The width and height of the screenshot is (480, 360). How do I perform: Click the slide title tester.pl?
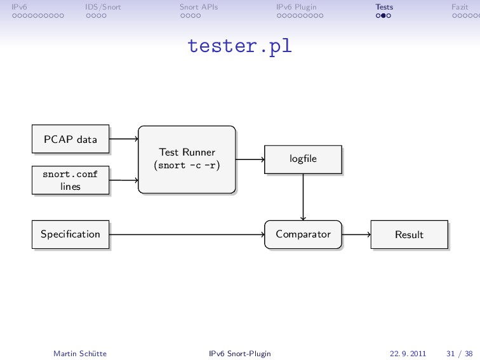pyautogui.click(x=240, y=46)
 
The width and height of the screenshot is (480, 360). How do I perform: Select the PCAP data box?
pyautogui.click(x=70, y=139)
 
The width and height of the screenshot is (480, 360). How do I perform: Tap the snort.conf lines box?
pyautogui.click(x=70, y=180)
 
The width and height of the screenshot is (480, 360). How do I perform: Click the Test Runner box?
pyautogui.click(x=187, y=159)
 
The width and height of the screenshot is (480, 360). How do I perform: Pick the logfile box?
pyautogui.click(x=303, y=159)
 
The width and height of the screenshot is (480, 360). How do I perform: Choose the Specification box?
pyautogui.click(x=70, y=234)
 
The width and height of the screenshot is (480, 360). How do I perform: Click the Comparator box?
pyautogui.click(x=303, y=234)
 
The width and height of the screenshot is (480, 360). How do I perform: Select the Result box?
pyautogui.click(x=410, y=234)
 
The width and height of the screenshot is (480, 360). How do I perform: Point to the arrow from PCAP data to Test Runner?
pyautogui.click(x=124, y=139)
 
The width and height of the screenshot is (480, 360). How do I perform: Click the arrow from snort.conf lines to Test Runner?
pyautogui.click(x=124, y=180)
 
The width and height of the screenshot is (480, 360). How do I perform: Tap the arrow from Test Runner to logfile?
pyautogui.click(x=250, y=159)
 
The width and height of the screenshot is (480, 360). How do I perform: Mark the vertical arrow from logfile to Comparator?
pyautogui.click(x=303, y=197)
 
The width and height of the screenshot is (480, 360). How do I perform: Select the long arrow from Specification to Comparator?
pyautogui.click(x=187, y=234)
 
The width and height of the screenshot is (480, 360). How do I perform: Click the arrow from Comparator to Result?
pyautogui.click(x=356, y=234)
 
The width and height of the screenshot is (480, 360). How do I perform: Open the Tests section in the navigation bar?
pyautogui.click(x=384, y=7)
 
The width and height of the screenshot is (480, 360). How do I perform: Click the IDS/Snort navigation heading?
pyautogui.click(x=103, y=7)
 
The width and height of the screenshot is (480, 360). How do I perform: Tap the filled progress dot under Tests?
pyautogui.click(x=383, y=16)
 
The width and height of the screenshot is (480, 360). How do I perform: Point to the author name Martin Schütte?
pyautogui.click(x=80, y=354)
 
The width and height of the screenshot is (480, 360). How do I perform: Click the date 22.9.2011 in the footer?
pyautogui.click(x=408, y=354)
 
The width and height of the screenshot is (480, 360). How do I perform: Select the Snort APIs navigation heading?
pyautogui.click(x=199, y=7)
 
